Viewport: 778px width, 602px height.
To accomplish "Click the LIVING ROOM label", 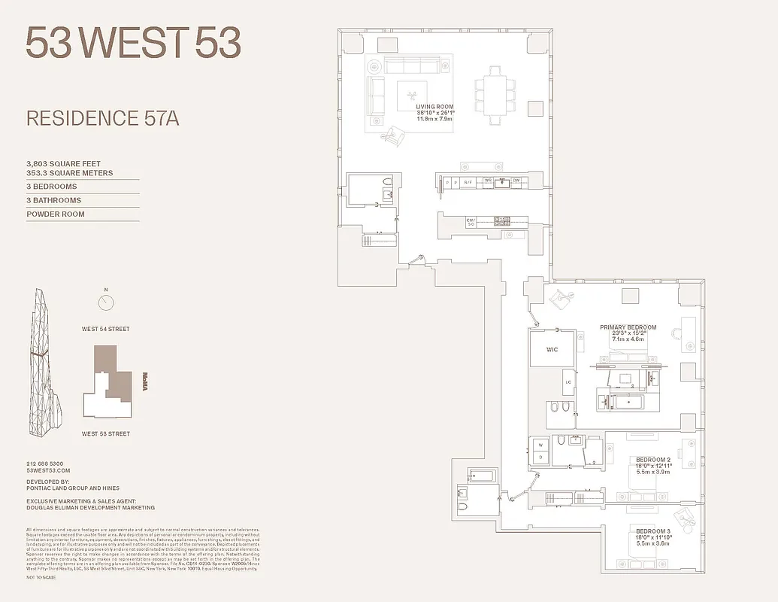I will [434, 107].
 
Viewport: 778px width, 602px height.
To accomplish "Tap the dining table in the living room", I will [493, 96].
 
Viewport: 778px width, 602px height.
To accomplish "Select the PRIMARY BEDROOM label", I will [628, 327].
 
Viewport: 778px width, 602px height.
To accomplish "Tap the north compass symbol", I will [106, 303].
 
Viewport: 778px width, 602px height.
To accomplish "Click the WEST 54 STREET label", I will [106, 329].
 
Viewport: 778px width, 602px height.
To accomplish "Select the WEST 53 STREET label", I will [106, 433].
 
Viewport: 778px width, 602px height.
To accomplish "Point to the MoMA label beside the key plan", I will [147, 380].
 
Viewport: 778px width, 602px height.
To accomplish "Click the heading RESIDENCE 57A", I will [102, 118].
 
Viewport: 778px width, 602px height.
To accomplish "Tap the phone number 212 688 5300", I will [45, 464].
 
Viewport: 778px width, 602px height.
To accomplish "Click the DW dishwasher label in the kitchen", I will [516, 181].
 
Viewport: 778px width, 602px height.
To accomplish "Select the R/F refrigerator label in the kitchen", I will [468, 182].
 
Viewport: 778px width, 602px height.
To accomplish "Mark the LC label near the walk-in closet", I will [568, 382].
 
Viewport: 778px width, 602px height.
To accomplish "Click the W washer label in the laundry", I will [539, 443].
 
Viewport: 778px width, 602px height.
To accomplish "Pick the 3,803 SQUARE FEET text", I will [63, 163].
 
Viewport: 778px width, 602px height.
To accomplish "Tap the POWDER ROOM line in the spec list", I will [56, 214].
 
